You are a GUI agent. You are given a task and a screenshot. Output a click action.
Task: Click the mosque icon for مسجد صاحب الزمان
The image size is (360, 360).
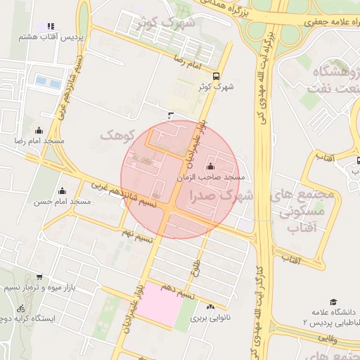click(x=211, y=167)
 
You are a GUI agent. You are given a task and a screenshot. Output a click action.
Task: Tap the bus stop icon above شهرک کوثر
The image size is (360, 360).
click(x=216, y=76)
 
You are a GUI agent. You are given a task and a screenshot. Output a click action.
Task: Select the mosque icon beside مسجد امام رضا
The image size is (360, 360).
click(x=38, y=130)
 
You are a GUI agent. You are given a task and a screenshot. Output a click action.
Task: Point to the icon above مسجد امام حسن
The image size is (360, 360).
click(x=62, y=191)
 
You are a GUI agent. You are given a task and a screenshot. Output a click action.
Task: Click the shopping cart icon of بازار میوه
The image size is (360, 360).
click(x=39, y=277)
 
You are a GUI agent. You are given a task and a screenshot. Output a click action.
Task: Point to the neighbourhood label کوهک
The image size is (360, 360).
click(x=117, y=134)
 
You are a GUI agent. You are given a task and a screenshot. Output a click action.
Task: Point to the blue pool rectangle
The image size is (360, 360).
click(x=49, y=82)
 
